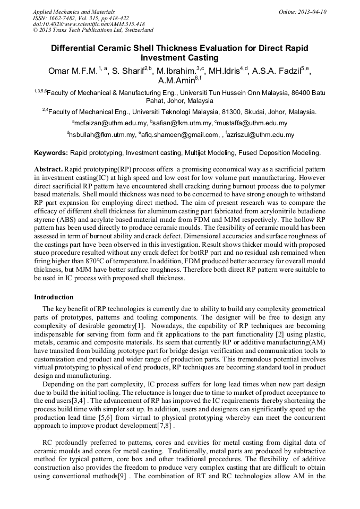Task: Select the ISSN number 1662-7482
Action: coord(65,18)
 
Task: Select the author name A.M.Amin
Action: coord(176,82)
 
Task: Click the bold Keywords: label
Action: coord(51,153)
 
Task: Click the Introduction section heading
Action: coord(54,297)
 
